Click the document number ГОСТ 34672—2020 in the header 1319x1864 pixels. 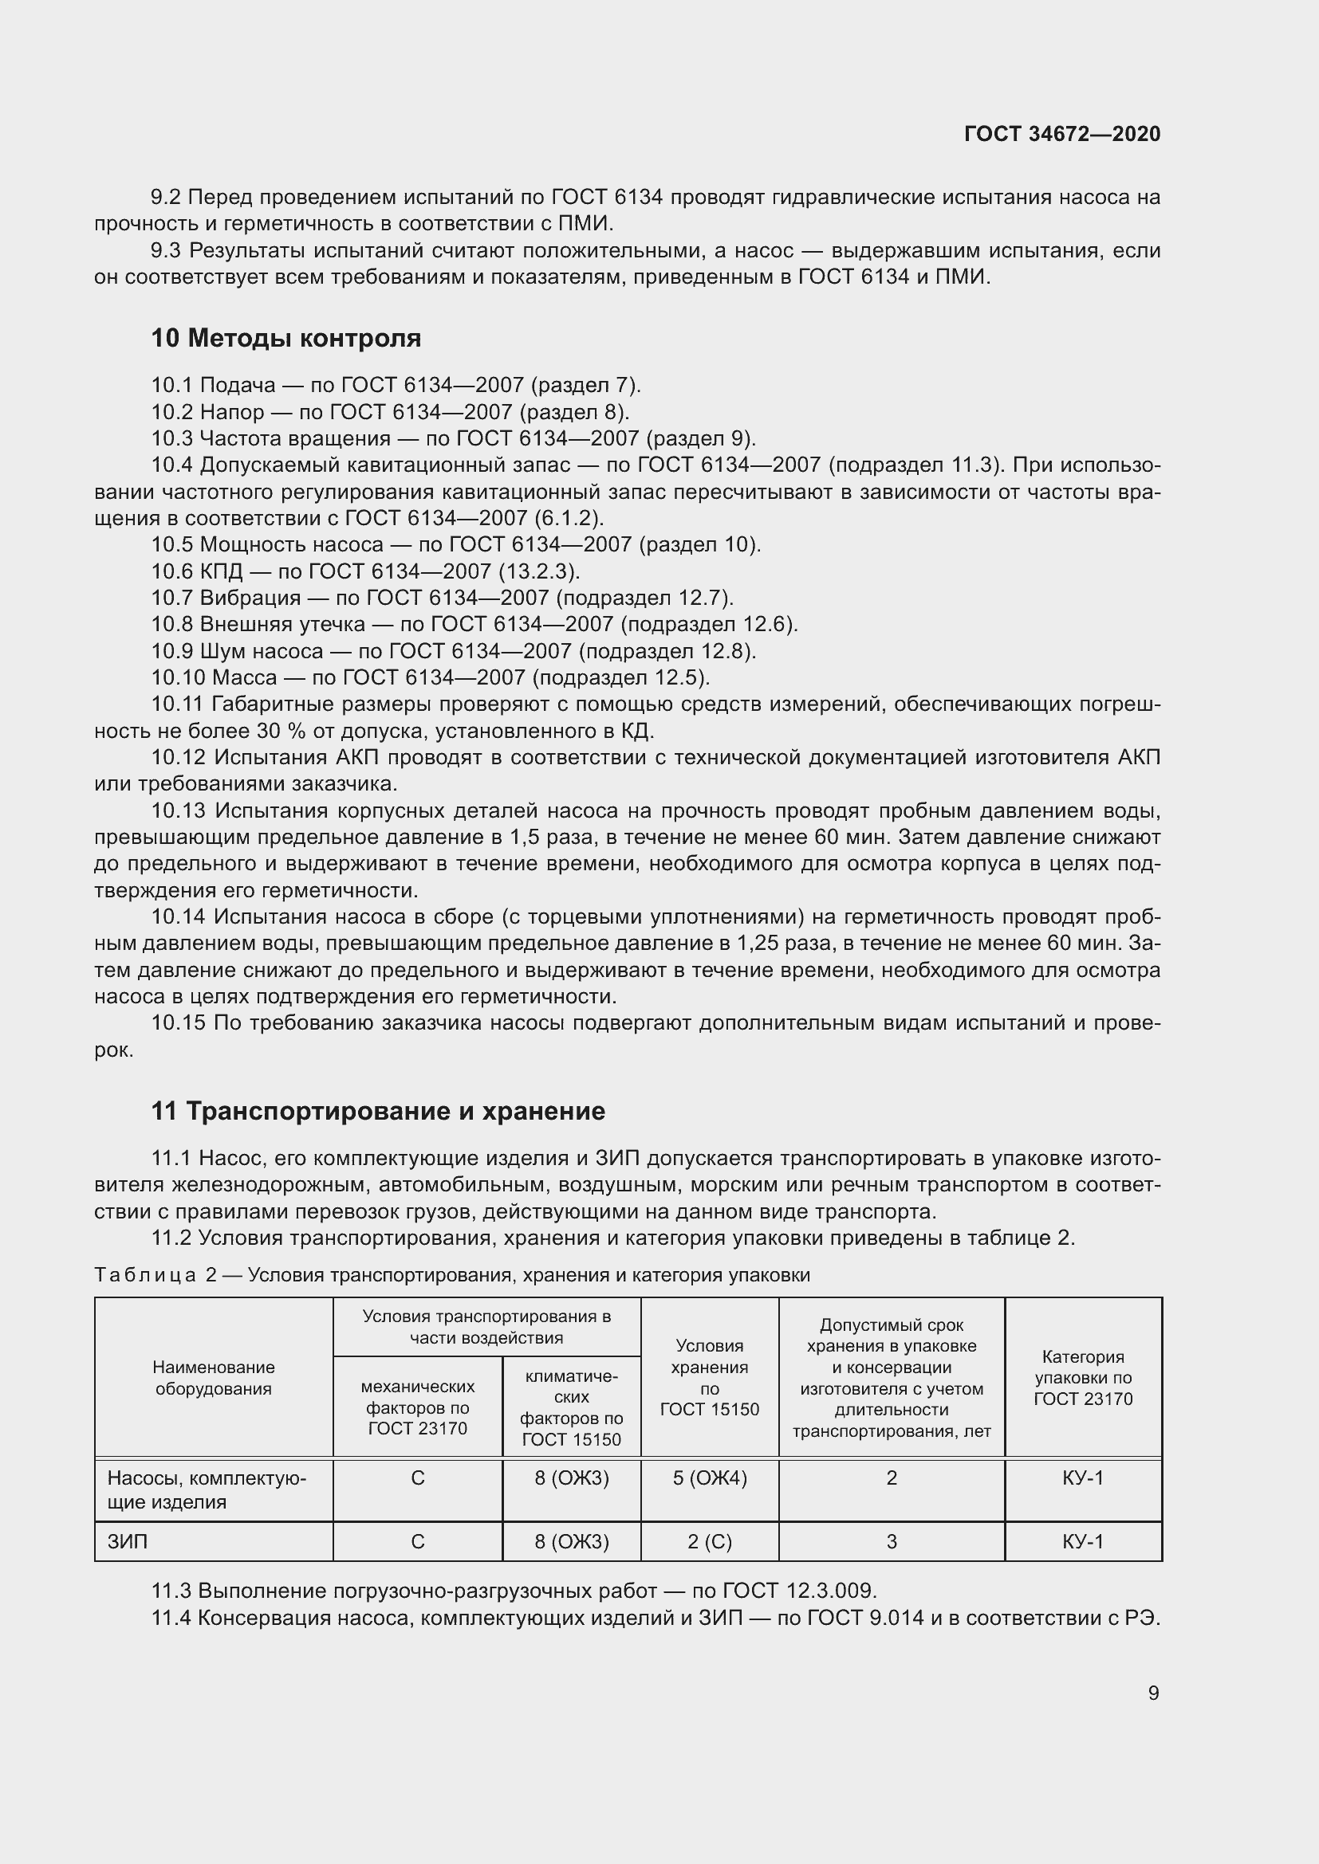pyautogui.click(x=1061, y=134)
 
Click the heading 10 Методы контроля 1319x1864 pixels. pyautogui.click(x=286, y=339)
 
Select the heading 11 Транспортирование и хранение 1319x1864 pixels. pyautogui.click(x=378, y=1112)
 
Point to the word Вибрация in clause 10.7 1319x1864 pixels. pyautogui.click(x=250, y=598)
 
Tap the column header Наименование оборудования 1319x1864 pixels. pyautogui.click(x=214, y=1378)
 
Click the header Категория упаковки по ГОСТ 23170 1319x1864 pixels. pyautogui.click(x=1083, y=1378)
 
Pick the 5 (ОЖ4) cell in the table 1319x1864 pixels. pyautogui.click(x=709, y=1478)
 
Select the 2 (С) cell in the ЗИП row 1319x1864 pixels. pyautogui.click(x=709, y=1542)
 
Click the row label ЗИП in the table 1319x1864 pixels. pyautogui.click(x=128, y=1542)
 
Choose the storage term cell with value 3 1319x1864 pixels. pyautogui.click(x=891, y=1542)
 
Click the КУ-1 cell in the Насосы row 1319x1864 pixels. pyautogui.click(x=1083, y=1478)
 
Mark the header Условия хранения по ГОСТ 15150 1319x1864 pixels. pyautogui.click(x=709, y=1378)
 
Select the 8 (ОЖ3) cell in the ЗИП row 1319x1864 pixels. pyautogui.click(x=571, y=1542)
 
